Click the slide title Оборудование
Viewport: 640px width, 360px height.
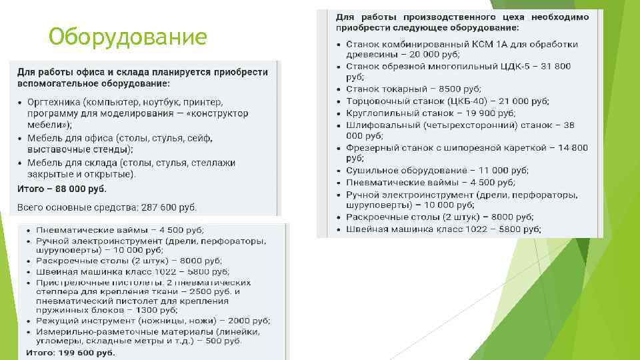click(x=128, y=37)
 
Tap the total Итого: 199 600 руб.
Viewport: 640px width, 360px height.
click(x=71, y=352)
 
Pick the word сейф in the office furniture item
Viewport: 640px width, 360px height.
click(x=198, y=138)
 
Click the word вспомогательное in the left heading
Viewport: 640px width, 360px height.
click(x=58, y=84)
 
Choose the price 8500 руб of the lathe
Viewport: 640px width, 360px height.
click(x=455, y=89)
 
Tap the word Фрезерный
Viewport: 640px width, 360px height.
click(x=371, y=147)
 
